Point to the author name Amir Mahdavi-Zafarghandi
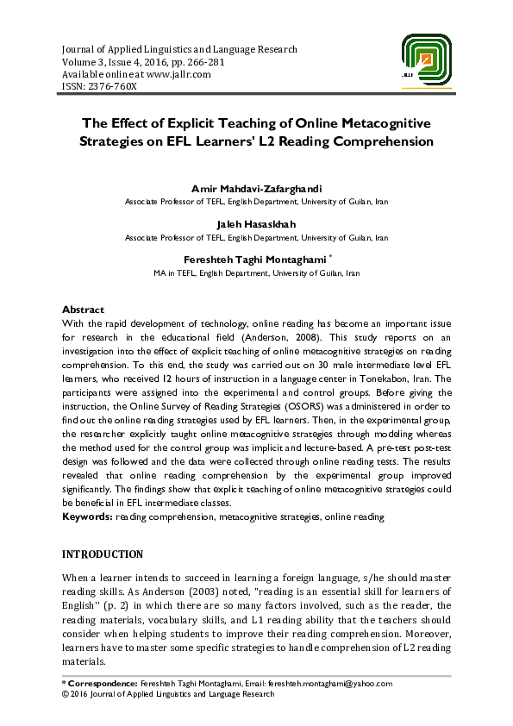pos(256,189)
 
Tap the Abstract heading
pos(83,310)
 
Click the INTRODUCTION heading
pos(102,554)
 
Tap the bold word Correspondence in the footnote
pos(103,683)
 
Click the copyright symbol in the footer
pos(65,693)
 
